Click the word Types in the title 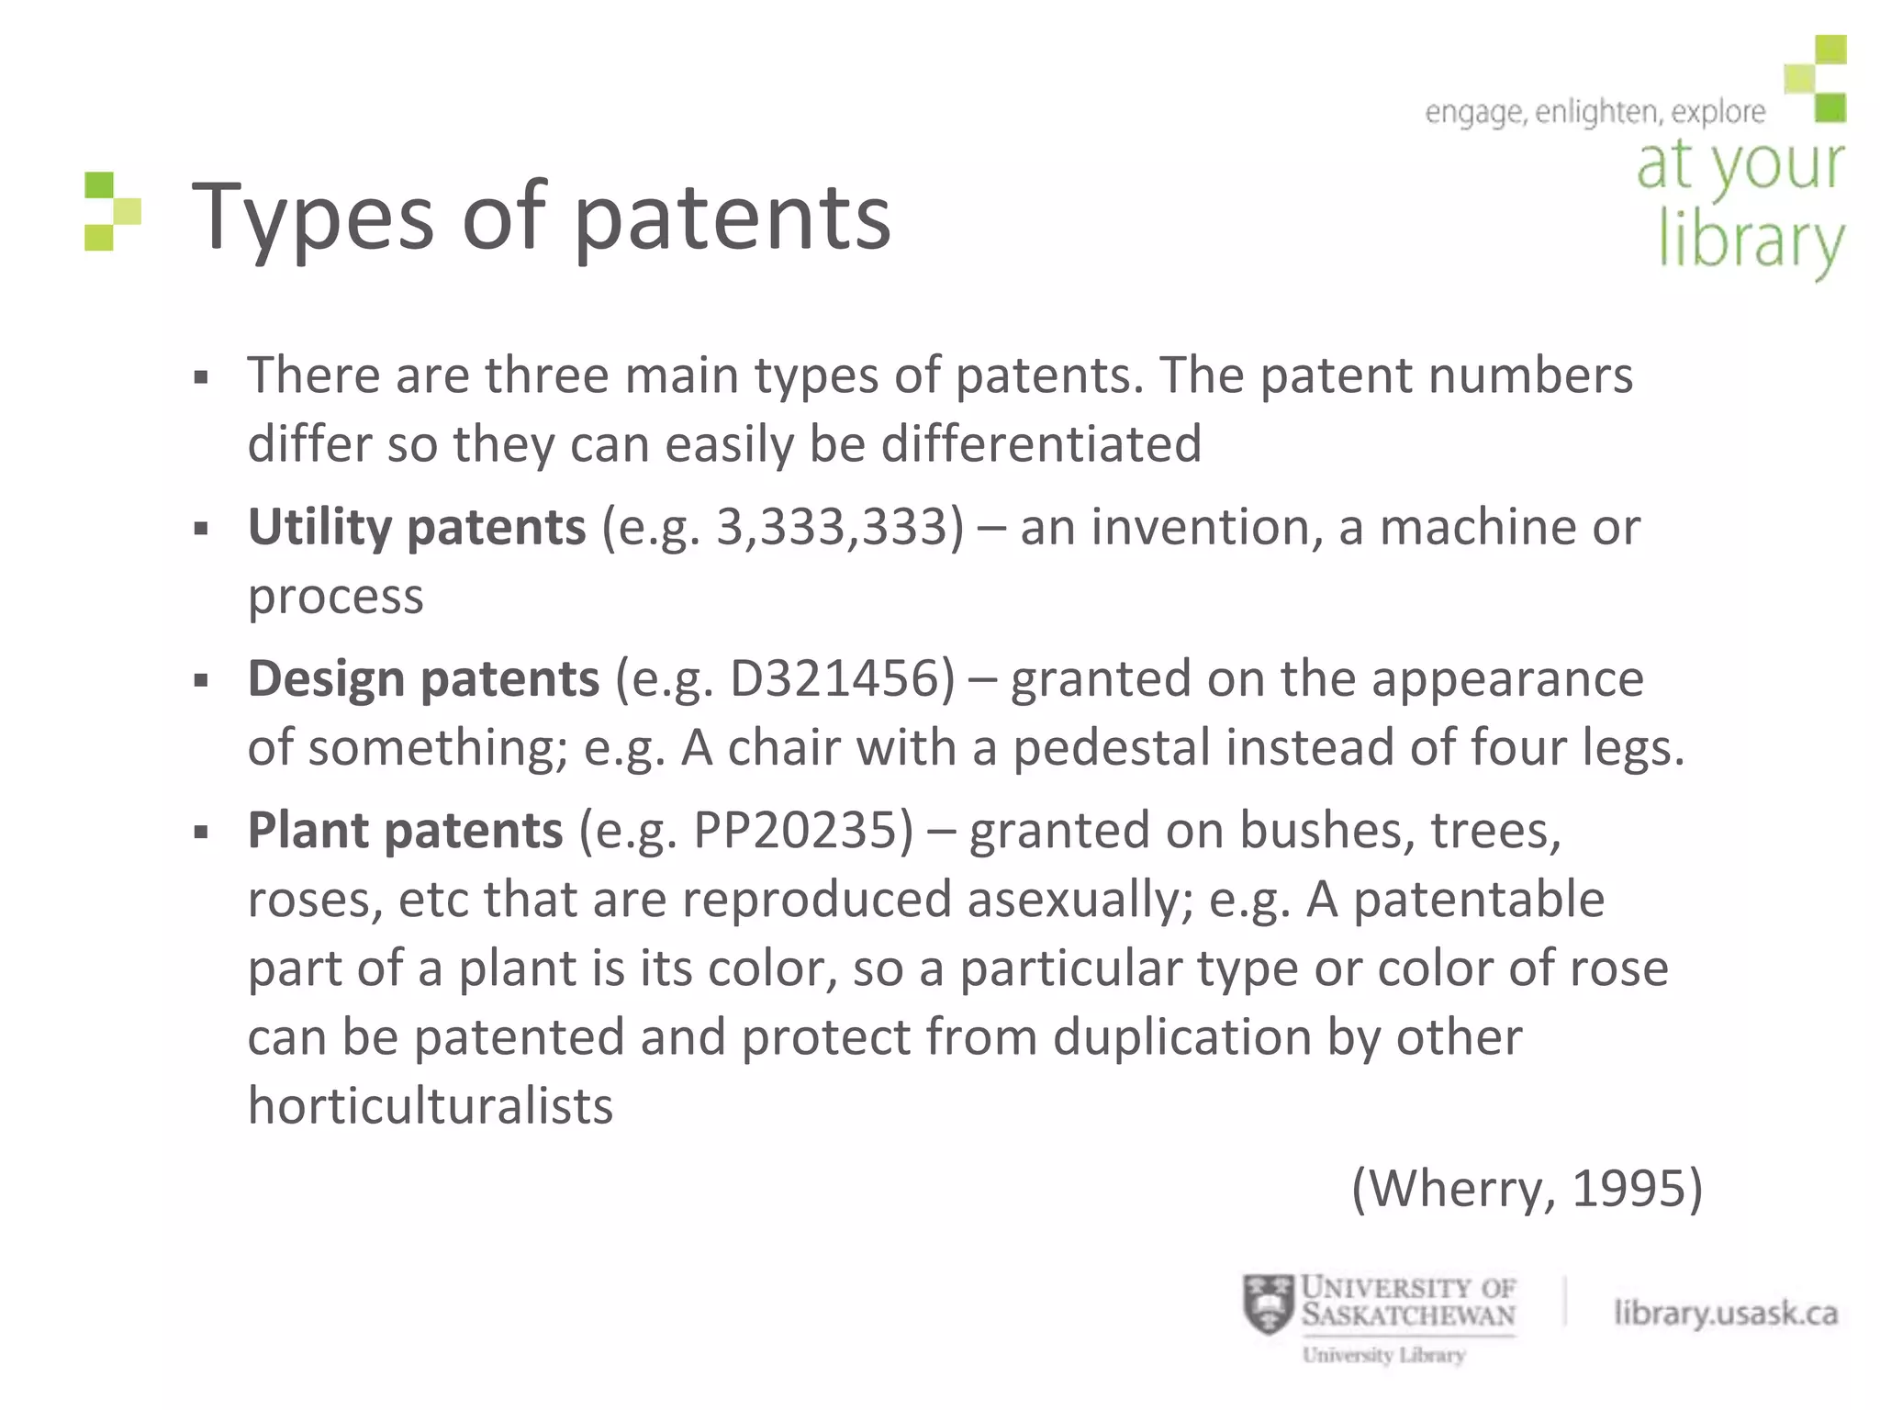point(312,218)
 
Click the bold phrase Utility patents point(417,528)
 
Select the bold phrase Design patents point(423,679)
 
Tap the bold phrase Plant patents point(405,831)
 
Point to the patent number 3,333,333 point(839,528)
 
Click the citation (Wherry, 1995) point(1527,1188)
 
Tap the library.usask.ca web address point(1726,1313)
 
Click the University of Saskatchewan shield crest point(1268,1304)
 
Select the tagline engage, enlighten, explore point(1595,112)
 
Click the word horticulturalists point(430,1106)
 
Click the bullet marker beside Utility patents point(202,529)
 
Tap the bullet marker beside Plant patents point(202,833)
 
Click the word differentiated point(1041,445)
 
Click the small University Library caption point(1383,1355)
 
